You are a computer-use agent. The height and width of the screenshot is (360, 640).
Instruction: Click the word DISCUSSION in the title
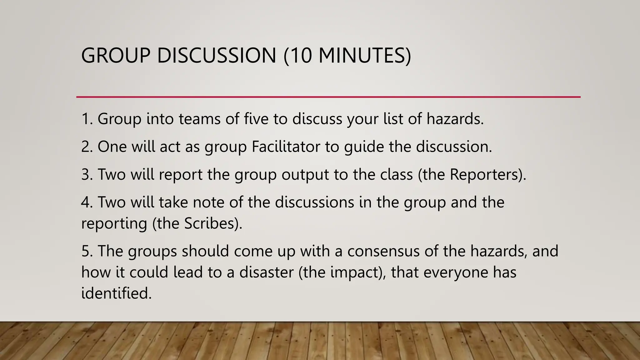tap(216, 56)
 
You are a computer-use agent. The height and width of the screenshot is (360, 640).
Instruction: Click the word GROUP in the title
tap(116, 56)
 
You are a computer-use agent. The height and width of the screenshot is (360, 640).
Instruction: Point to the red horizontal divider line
tap(328, 97)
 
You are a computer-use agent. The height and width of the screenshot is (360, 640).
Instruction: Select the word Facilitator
tap(286, 147)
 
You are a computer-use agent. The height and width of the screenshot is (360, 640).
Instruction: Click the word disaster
tap(266, 272)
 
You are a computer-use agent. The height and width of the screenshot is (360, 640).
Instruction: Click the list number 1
tap(86, 119)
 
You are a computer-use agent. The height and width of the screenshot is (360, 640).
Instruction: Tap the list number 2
tap(86, 147)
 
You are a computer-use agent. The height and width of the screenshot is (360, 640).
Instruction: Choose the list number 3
tap(86, 174)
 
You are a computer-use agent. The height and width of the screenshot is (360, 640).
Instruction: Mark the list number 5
tap(86, 251)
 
